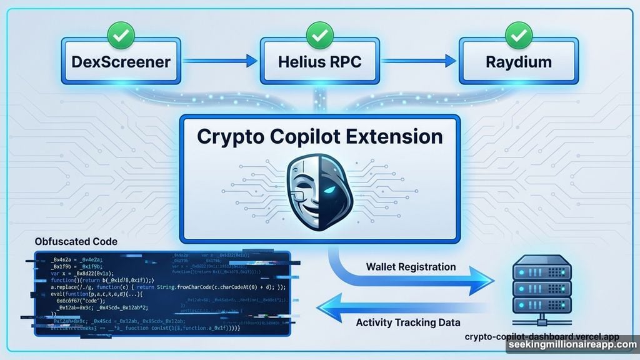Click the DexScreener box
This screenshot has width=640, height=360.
coord(120,61)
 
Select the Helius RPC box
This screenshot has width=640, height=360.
coord(319,61)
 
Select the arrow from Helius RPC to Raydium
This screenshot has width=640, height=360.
coord(419,61)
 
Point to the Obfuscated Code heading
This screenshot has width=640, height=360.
coord(76,241)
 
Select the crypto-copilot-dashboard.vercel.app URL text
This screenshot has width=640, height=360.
coord(541,336)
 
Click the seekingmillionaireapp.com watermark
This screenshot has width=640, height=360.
coord(571,346)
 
